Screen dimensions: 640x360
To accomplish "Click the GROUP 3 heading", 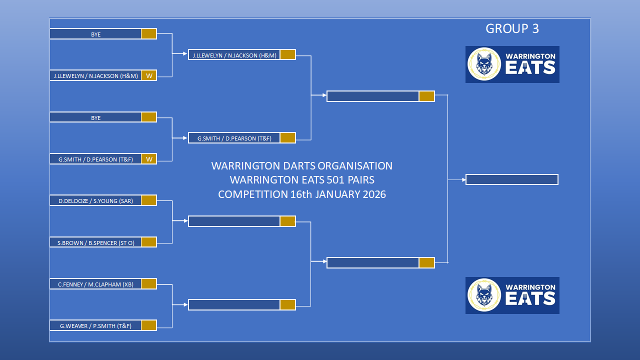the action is [512, 28].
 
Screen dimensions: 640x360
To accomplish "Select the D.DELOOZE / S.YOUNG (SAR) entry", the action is [95, 200].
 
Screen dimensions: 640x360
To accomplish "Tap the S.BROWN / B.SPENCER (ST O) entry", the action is [95, 242].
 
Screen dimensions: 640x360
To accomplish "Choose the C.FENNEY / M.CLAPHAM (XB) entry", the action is [95, 284].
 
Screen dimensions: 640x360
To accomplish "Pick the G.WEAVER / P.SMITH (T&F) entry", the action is [95, 325].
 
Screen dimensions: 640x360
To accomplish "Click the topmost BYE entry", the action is [95, 34].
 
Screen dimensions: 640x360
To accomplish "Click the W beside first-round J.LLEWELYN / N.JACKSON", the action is [149, 75].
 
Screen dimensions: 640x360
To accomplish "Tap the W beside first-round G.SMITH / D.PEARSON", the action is [149, 159].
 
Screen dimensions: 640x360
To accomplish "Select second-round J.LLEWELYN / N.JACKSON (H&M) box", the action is [234, 55].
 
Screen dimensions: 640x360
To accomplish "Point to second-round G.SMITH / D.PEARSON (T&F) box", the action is [234, 138].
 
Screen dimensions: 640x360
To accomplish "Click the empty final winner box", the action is [512, 179].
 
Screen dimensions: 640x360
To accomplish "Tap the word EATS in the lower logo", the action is [530, 298].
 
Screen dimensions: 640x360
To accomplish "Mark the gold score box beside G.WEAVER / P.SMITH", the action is [149, 325].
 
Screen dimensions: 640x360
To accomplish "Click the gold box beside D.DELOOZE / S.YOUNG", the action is [149, 200].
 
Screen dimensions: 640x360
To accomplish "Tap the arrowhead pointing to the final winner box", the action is [464, 179].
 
